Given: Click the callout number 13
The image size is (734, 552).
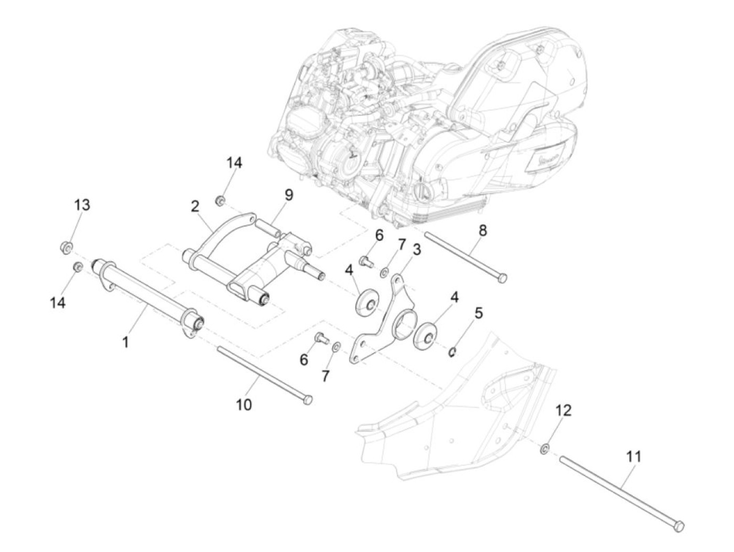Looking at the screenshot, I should (x=82, y=205).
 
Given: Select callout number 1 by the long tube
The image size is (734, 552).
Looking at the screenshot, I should (x=125, y=342).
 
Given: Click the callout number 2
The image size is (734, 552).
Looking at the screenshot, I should (x=195, y=206).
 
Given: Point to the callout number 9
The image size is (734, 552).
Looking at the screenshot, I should (x=289, y=195).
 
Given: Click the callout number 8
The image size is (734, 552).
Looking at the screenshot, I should (x=482, y=230).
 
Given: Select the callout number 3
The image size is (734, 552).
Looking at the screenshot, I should (x=417, y=250).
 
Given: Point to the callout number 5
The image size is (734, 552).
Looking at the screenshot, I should (x=478, y=313).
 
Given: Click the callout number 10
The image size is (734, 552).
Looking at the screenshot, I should (x=244, y=404).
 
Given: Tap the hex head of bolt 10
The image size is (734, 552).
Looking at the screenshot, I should (x=308, y=400).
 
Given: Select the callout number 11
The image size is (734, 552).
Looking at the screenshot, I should (x=634, y=456).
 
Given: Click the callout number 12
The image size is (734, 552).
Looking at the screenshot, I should (x=563, y=410).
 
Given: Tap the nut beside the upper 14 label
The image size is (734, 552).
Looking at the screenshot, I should (x=221, y=200).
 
